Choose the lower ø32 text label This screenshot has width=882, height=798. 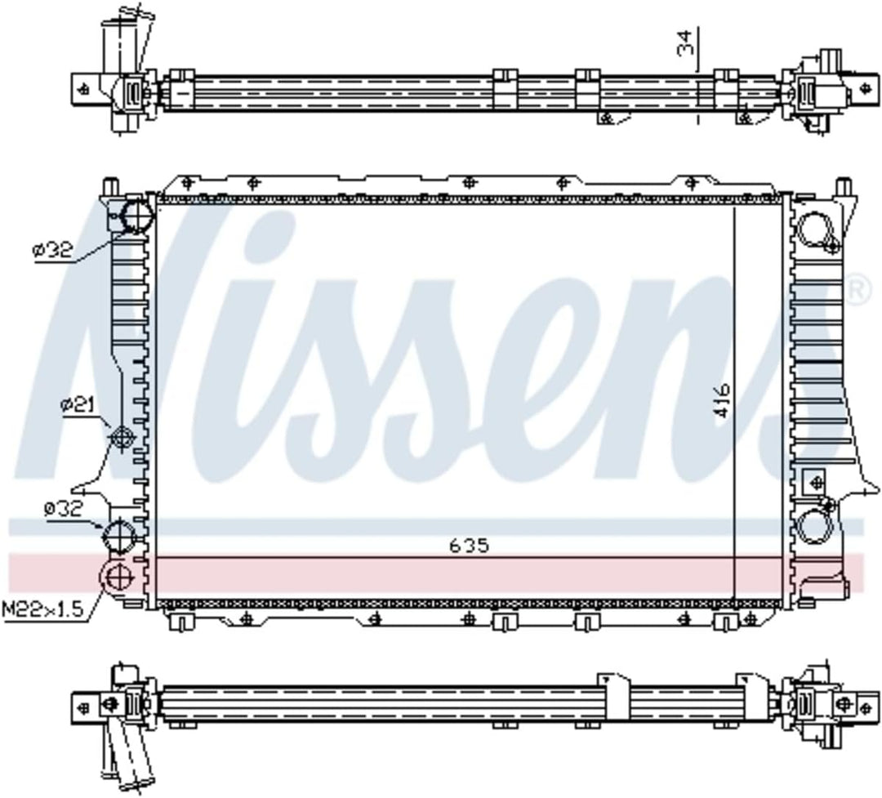coord(65,509)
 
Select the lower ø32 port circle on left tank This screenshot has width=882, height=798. coord(119,537)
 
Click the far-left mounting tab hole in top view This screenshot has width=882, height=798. coord(82,88)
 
